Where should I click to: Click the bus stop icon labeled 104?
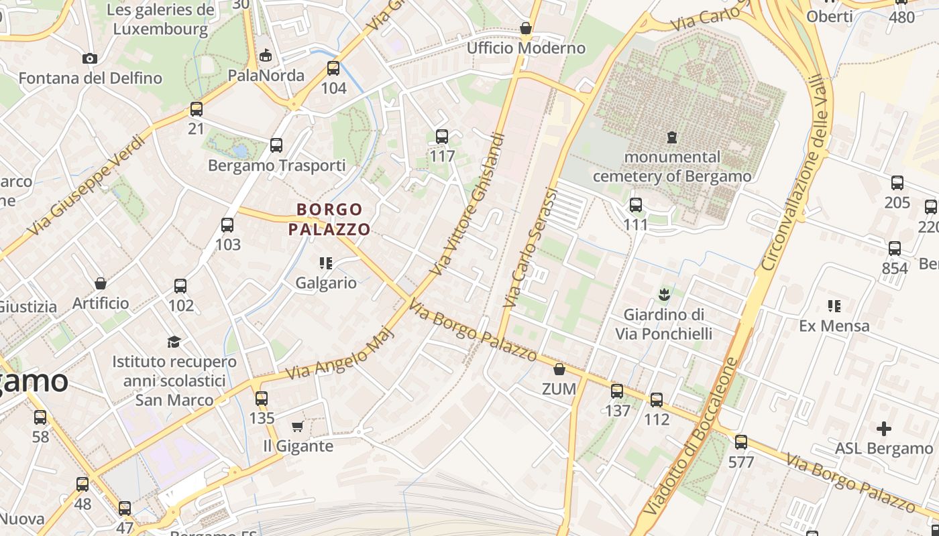pyautogui.click(x=333, y=68)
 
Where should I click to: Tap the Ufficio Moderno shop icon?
pyautogui.click(x=526, y=28)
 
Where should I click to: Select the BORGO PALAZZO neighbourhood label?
pyautogui.click(x=329, y=220)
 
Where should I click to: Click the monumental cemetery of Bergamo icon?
pyautogui.click(x=671, y=137)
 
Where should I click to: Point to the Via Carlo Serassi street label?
pyautogui.click(x=531, y=248)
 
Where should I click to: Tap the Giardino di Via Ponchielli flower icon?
pyautogui.click(x=663, y=293)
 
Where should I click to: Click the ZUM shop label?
pyautogui.click(x=559, y=389)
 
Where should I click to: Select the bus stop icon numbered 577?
pyautogui.click(x=740, y=442)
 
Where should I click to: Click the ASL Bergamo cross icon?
pyautogui.click(x=883, y=428)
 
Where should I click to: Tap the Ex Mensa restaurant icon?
pyautogui.click(x=834, y=306)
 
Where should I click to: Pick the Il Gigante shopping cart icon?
pyautogui.click(x=298, y=426)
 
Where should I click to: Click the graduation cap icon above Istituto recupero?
pyautogui.click(x=174, y=342)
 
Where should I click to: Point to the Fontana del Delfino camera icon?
pyautogui.click(x=90, y=58)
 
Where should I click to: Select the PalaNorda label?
pyautogui.click(x=266, y=75)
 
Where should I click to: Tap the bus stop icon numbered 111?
pyautogui.click(x=635, y=205)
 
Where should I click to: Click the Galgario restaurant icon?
pyautogui.click(x=326, y=263)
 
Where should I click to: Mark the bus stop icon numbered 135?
pyautogui.click(x=262, y=399)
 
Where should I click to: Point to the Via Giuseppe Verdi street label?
pyautogui.click(x=87, y=186)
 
